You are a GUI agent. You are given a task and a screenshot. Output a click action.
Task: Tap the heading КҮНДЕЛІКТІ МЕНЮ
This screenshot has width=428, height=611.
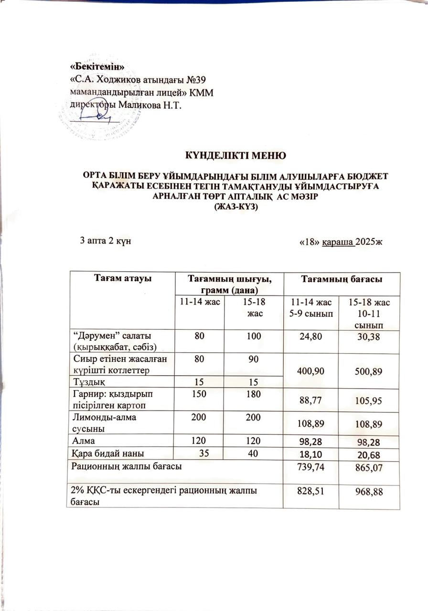(x=235, y=155)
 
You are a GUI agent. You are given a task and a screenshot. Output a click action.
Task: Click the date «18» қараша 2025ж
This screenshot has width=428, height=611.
(x=341, y=242)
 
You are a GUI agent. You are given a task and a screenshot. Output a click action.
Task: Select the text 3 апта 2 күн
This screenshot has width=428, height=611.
(x=106, y=240)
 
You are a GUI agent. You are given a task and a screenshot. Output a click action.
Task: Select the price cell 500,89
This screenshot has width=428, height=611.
(x=368, y=372)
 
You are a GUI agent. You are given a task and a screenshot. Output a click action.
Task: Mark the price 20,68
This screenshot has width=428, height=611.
(x=368, y=453)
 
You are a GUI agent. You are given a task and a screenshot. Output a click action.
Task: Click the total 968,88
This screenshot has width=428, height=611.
(x=368, y=491)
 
